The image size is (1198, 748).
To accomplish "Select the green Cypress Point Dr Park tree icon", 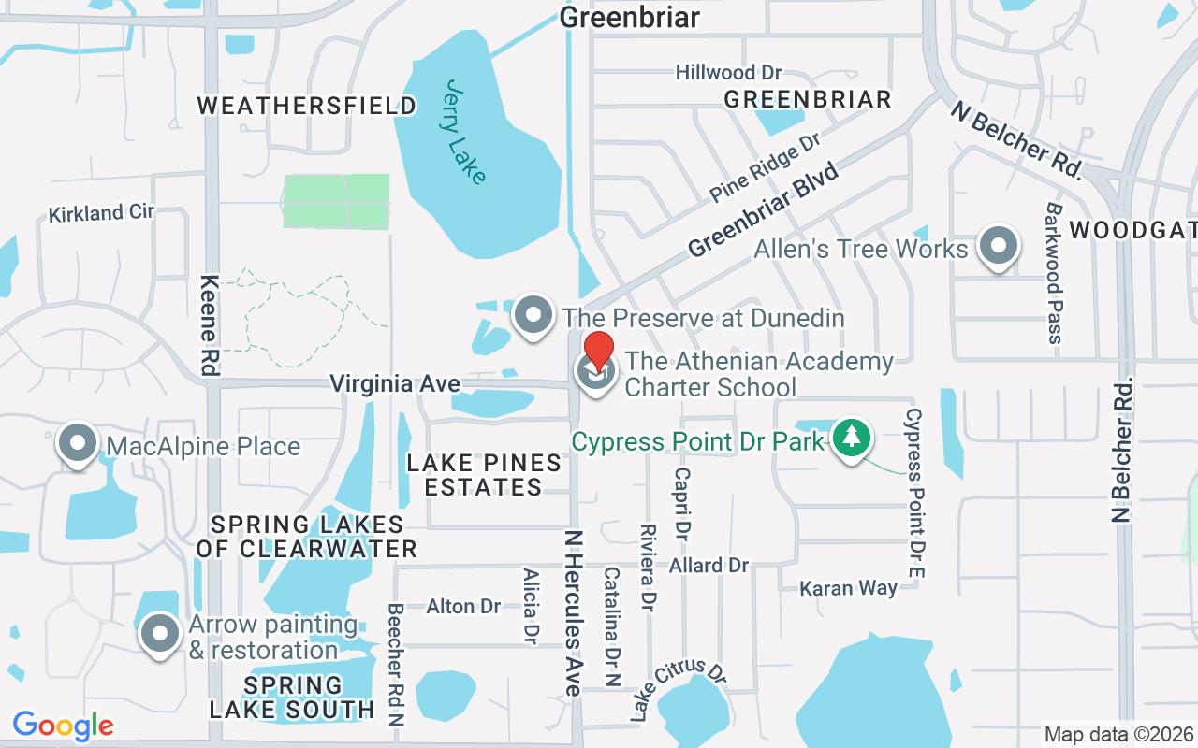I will click(851, 438).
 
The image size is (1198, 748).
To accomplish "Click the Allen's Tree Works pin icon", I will click(998, 247).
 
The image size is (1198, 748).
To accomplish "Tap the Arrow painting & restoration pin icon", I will click(160, 634).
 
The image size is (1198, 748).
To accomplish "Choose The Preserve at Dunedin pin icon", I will click(533, 315).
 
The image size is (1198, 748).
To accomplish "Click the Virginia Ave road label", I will click(394, 383).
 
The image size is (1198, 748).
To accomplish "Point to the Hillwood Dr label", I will click(728, 72).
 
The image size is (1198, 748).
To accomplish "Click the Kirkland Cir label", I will click(101, 213).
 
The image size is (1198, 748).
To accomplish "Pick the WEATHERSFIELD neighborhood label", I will click(307, 106).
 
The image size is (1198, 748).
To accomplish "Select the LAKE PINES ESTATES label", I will click(484, 474).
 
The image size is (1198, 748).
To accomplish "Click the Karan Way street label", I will click(848, 588).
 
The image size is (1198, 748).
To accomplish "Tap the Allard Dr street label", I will click(709, 565).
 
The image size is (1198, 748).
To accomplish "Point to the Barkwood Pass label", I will click(1055, 273).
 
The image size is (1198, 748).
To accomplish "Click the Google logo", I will click(63, 725).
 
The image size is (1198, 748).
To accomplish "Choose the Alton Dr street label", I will click(463, 606).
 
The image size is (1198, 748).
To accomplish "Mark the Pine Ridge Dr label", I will click(765, 167).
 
